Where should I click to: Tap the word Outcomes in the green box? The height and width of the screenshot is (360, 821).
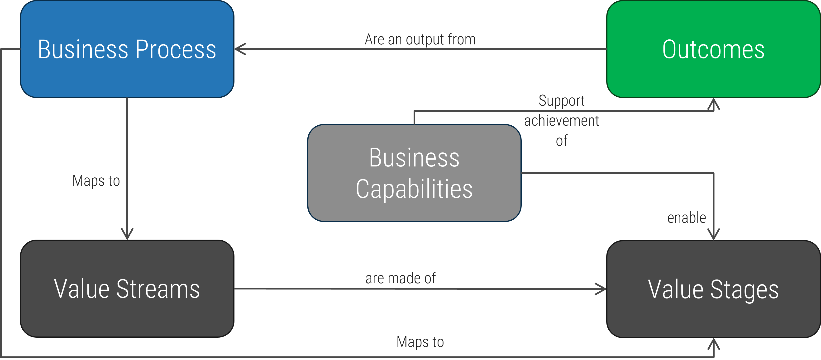point(713,49)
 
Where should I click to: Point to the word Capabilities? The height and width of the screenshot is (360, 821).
point(414,189)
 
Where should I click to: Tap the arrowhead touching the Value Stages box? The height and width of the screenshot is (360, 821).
point(601,289)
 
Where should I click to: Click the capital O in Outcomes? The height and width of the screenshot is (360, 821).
point(671,49)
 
